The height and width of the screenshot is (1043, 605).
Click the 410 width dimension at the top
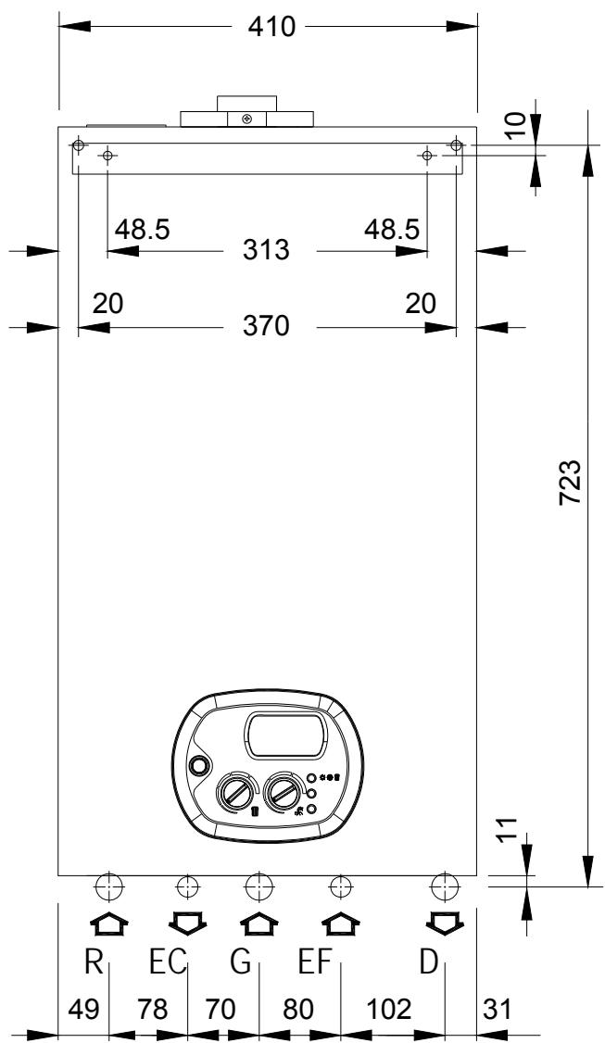[x=271, y=27]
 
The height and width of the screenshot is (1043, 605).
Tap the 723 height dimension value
[x=571, y=483]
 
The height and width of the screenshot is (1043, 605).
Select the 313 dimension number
[x=266, y=250]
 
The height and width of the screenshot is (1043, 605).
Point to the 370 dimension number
[x=266, y=326]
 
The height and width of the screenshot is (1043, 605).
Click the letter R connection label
[x=95, y=961]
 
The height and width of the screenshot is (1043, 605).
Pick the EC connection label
[x=167, y=961]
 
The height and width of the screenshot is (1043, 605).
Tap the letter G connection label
[x=240, y=961]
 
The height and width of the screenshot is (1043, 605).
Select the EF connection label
[x=314, y=961]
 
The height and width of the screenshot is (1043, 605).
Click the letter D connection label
[x=430, y=961]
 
